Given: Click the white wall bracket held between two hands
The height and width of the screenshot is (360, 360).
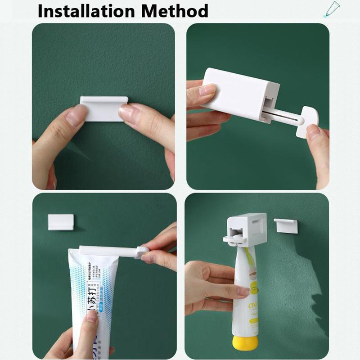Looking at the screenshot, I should pyautogui.click(x=103, y=108).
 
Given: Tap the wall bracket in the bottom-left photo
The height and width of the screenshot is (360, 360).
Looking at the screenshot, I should pyautogui.click(x=60, y=221).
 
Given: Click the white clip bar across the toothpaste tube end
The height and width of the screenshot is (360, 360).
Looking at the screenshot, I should pyautogui.click(x=106, y=250).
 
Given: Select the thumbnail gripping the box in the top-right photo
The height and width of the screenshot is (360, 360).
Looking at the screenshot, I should pyautogui.click(x=207, y=90).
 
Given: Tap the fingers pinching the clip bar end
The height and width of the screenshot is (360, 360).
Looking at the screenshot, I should pyautogui.click(x=153, y=252).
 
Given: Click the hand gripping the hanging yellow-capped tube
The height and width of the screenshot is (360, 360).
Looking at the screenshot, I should pyautogui.click(x=211, y=288).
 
